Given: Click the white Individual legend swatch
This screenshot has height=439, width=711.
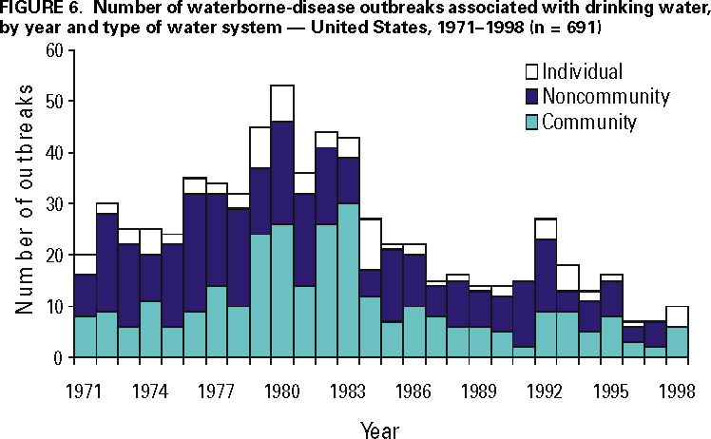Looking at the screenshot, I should pos(531,71).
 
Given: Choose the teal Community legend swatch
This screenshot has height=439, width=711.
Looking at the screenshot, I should pos(531,121).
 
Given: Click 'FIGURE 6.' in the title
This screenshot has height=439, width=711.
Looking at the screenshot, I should pos(36,10).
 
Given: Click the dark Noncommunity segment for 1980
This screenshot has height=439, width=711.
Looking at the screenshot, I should pos(280,172).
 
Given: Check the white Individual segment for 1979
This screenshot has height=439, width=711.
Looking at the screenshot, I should pos(259,147).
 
